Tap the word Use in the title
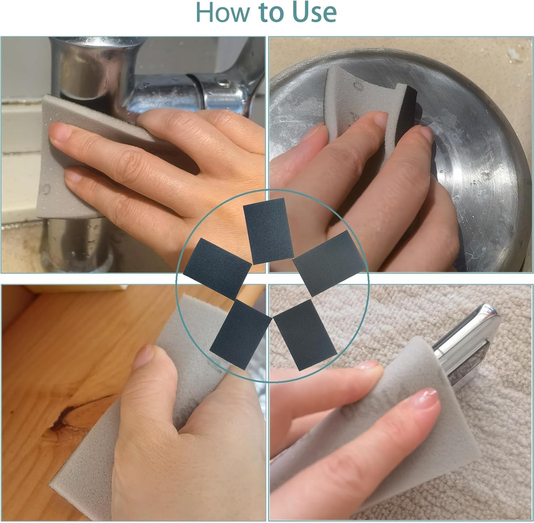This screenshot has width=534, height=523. (315, 12)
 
